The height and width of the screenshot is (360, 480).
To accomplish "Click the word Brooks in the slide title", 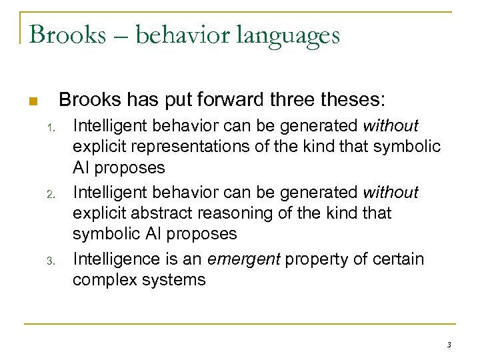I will tap(67, 34).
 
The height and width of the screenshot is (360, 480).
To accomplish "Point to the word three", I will tap(294, 100).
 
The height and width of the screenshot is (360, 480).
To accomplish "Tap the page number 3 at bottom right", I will tap(449, 345).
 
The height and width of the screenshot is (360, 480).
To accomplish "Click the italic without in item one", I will tap(390, 125).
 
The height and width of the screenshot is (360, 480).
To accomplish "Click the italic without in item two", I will tap(390, 192).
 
